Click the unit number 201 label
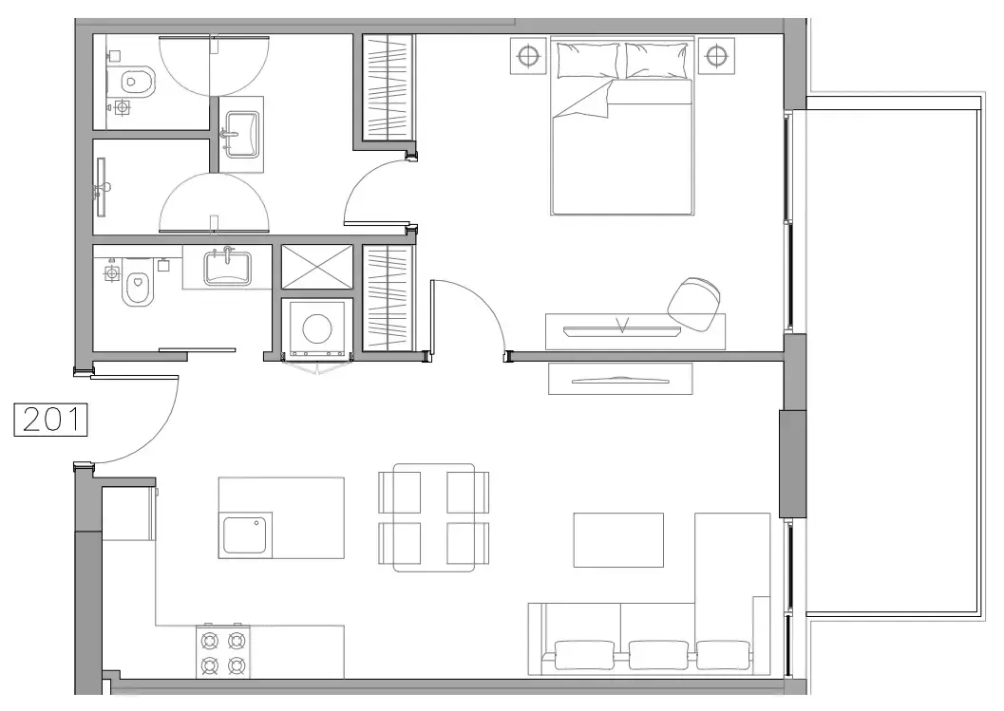tap(50, 420)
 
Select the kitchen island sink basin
tap(247, 534)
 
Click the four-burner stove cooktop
tap(223, 652)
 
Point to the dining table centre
tap(434, 517)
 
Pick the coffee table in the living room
tap(617, 540)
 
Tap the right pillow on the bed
tap(658, 60)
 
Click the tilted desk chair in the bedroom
tap(695, 303)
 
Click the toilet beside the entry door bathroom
tap(138, 289)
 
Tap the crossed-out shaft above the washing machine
tap(316, 267)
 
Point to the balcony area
tap(893, 361)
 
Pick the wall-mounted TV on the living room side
tap(619, 379)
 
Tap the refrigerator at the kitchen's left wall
tap(127, 514)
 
